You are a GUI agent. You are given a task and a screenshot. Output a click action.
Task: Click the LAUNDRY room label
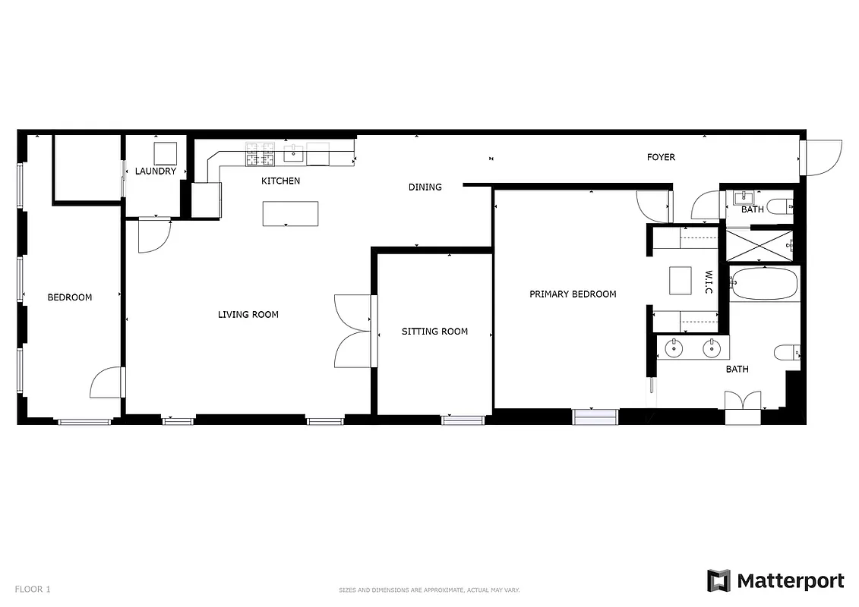click(x=156, y=171)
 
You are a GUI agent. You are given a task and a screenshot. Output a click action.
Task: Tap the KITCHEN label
click(x=280, y=181)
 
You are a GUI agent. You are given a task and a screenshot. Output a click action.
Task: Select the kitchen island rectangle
click(x=290, y=213)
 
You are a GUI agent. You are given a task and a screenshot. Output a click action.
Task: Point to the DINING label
click(x=425, y=187)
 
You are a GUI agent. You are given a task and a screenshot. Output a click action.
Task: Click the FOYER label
click(x=661, y=158)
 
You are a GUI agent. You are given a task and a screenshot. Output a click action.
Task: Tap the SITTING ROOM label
click(x=434, y=332)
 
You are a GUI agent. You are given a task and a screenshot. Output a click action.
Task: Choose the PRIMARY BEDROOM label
click(x=573, y=294)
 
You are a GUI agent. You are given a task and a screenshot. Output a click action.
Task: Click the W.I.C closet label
click(x=708, y=281)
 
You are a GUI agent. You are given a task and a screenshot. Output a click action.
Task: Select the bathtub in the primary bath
click(x=764, y=283)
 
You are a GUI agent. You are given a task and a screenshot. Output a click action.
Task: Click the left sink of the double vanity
click(x=674, y=349)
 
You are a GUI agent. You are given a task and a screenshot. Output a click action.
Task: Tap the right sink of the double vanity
click(x=712, y=349)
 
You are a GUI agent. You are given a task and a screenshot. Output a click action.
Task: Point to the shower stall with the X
click(x=760, y=244)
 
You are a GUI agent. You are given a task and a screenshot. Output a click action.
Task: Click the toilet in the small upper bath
click(x=779, y=206)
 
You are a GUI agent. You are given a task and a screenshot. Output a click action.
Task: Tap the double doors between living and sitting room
click(x=354, y=331)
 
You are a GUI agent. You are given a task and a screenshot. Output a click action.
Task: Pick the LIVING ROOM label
click(x=248, y=315)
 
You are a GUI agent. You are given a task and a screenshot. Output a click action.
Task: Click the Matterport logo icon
click(x=718, y=581)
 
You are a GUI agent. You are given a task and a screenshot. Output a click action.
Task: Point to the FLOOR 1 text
click(x=33, y=589)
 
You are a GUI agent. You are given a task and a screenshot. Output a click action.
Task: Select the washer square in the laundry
click(x=166, y=153)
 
